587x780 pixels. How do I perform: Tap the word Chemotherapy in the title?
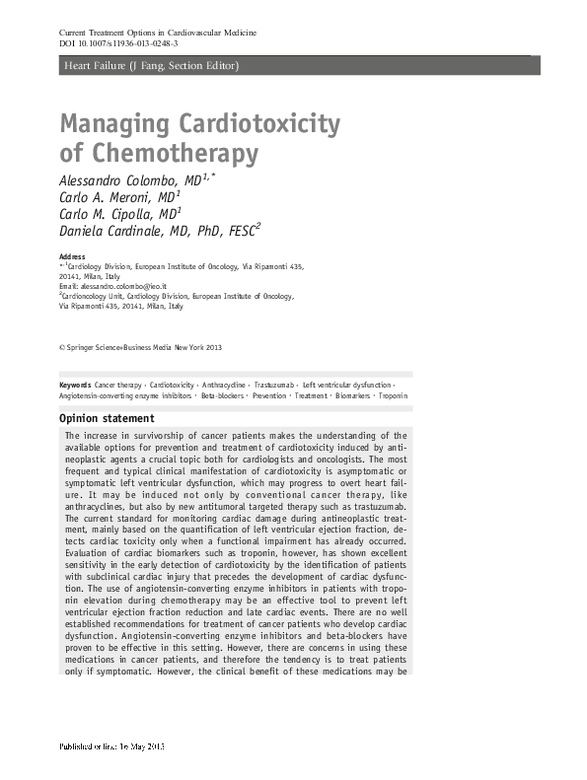click(x=174, y=155)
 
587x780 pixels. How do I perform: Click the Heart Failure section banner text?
click(x=150, y=66)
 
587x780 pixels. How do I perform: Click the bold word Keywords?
click(x=75, y=383)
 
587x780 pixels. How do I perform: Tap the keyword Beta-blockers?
click(x=222, y=394)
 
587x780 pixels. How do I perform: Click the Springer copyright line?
click(x=142, y=347)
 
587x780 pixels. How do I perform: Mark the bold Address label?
click(x=72, y=256)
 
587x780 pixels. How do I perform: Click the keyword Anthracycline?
click(x=222, y=383)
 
